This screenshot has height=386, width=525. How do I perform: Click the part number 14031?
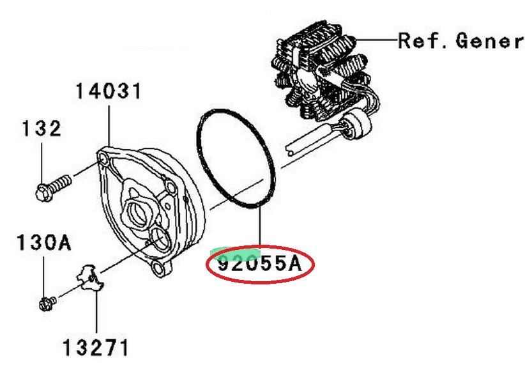click(x=108, y=91)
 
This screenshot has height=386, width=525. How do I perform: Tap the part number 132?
click(x=42, y=128)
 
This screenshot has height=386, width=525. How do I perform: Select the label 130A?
click(x=44, y=243)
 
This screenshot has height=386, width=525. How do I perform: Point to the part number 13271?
click(x=95, y=348)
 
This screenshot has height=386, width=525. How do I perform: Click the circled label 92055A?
click(x=260, y=264)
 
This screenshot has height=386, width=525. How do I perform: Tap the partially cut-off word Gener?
click(x=489, y=41)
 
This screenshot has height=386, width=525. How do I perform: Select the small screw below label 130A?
click(x=47, y=303)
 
